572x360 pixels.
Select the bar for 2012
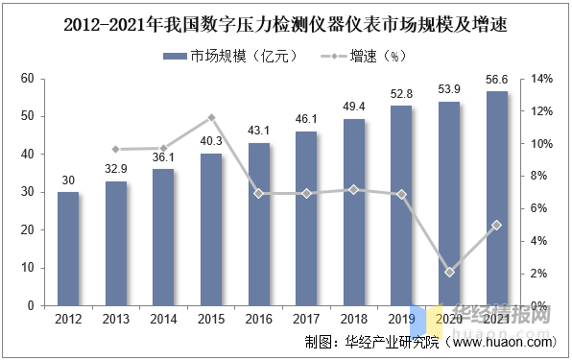coord(68,249)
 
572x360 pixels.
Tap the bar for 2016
coord(258,224)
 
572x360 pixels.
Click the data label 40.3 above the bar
coord(211,141)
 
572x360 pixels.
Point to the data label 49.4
coord(354,107)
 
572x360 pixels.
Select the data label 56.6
coord(497,80)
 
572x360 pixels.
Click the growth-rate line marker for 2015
coord(211,117)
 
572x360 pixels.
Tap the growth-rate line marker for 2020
coord(449,272)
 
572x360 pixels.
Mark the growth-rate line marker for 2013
coord(116,150)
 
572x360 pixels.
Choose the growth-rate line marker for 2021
coord(497,225)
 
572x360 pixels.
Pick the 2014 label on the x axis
coord(163,319)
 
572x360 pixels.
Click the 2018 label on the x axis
coord(354,319)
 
